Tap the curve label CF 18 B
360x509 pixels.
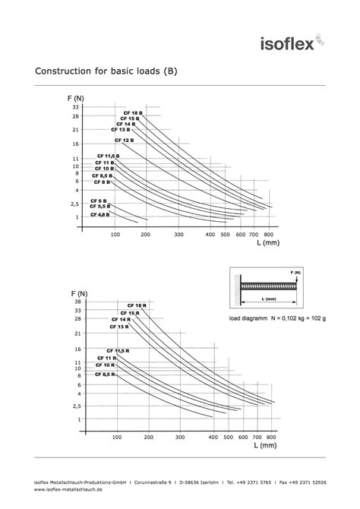point(133,112)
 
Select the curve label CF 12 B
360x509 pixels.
point(124,141)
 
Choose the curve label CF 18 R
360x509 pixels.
point(137,305)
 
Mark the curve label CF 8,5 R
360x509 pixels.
point(106,375)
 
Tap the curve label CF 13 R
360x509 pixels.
point(119,327)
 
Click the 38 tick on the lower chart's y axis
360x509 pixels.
point(77,302)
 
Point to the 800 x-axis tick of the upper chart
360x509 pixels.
point(268,235)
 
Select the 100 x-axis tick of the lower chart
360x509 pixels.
point(117,438)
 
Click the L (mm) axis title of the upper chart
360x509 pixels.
point(267,244)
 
